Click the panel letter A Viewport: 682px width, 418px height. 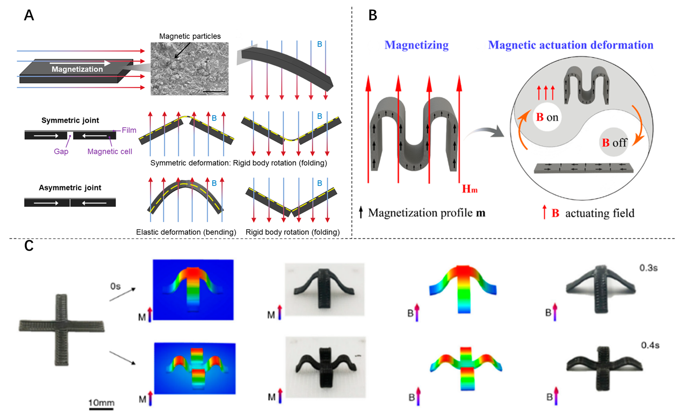coord(29,15)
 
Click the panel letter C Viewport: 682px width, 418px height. coord(29,245)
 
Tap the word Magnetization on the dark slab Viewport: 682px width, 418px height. coord(77,69)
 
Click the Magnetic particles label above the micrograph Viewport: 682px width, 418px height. coord(190,36)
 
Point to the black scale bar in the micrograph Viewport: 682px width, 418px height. coord(214,92)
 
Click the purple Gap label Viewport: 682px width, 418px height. coord(61,151)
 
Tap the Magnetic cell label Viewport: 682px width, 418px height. coord(110,151)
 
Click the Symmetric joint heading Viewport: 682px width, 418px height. coord(70,120)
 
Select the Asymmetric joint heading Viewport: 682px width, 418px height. coord(70,188)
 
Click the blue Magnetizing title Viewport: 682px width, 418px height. coord(416,45)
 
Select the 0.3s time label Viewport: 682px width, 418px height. coord(648,268)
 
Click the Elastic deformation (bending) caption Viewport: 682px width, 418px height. coord(186,232)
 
